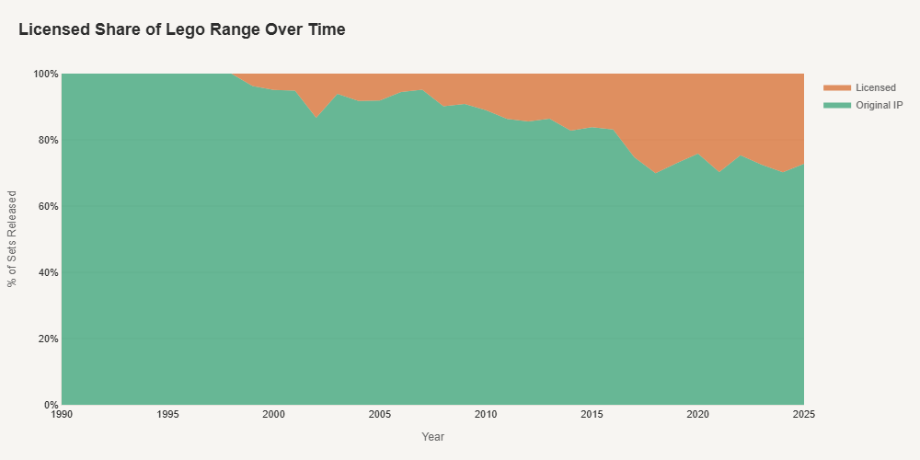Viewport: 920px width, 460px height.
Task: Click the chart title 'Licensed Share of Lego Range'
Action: click(x=181, y=29)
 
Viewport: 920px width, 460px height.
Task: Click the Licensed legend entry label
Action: click(x=875, y=87)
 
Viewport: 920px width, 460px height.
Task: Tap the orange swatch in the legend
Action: click(x=836, y=87)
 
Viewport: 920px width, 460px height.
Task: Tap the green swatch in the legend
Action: click(x=836, y=106)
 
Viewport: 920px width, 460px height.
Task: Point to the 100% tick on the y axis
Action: click(x=46, y=74)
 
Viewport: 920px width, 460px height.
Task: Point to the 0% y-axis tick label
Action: click(x=51, y=405)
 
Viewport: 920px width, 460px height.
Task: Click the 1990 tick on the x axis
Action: click(x=62, y=415)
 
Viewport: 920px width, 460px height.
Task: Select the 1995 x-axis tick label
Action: click(x=167, y=415)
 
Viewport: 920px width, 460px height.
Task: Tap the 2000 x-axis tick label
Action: click(x=274, y=415)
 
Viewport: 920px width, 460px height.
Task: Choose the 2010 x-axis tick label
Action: click(x=486, y=415)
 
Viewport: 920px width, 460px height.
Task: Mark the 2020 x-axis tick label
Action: click(x=698, y=415)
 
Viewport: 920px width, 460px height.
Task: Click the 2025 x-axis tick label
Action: click(x=804, y=415)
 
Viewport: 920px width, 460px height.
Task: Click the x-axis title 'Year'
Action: click(x=432, y=437)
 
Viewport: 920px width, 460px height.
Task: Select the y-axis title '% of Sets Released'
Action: click(x=13, y=239)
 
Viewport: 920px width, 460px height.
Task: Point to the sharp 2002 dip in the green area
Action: click(x=316, y=119)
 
